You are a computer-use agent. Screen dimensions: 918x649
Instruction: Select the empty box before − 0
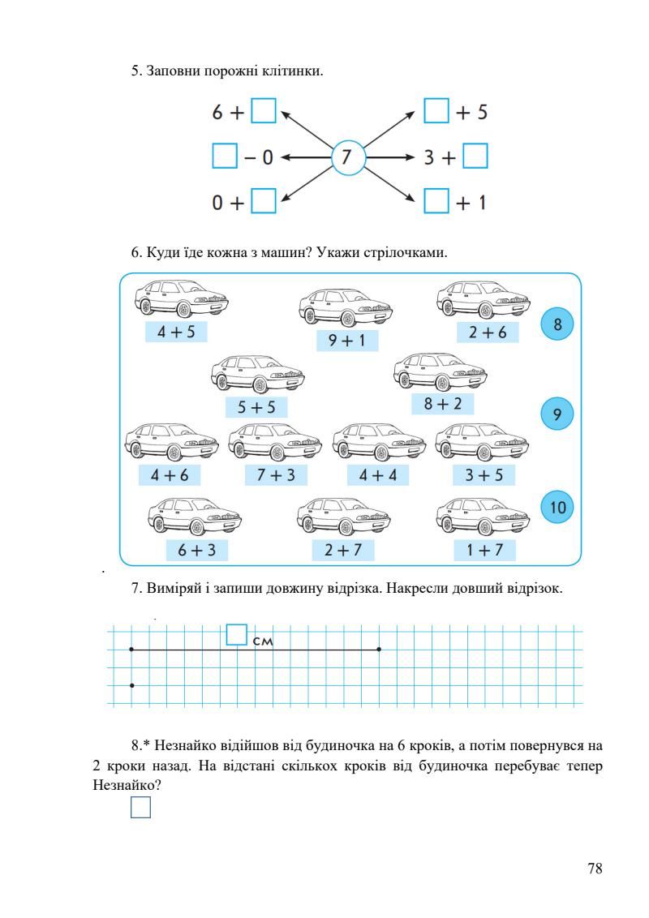point(224,156)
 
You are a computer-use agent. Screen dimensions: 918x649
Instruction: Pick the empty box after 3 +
point(475,156)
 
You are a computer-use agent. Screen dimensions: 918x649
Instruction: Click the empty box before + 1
point(437,200)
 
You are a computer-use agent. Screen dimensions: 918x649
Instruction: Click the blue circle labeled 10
point(557,508)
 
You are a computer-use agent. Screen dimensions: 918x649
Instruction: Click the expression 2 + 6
point(487,332)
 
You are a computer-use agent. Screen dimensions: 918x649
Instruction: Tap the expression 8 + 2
point(442,403)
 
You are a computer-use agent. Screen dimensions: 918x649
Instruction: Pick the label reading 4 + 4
point(378,475)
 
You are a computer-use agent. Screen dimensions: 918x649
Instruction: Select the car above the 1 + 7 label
point(483,514)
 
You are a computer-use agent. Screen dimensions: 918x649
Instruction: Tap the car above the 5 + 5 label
point(258,374)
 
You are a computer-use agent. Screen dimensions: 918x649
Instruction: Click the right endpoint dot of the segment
point(380,650)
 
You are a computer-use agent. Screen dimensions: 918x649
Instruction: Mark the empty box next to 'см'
point(236,634)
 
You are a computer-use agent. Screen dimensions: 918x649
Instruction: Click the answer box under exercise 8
point(140,808)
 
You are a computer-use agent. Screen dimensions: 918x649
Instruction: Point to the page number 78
point(595,869)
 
